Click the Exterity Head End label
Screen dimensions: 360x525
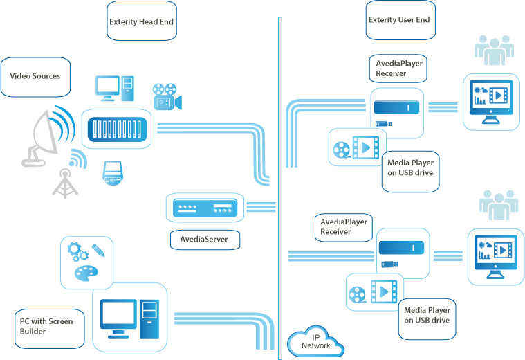coord(141,22)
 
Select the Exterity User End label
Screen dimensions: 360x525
coord(399,20)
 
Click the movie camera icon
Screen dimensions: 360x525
coord(166,96)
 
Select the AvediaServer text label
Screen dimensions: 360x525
coord(205,240)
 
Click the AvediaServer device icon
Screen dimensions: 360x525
coord(205,207)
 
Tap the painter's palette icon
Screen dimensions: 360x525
coord(86,272)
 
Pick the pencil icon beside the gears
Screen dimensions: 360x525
coord(97,249)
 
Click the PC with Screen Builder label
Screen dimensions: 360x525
coord(45,326)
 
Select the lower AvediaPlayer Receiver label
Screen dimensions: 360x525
coord(342,227)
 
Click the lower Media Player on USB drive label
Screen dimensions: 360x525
coord(427,316)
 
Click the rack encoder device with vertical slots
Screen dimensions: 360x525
coord(116,129)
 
